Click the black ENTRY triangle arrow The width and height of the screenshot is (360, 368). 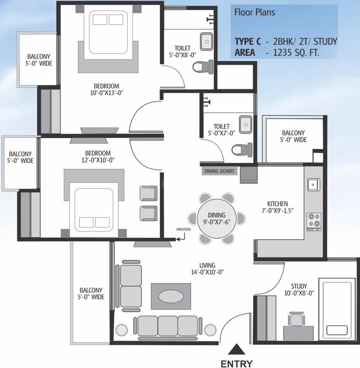[237, 349]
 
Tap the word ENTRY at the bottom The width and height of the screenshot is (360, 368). [237, 363]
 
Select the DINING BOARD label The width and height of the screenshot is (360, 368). [219, 171]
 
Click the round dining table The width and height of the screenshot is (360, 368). [217, 219]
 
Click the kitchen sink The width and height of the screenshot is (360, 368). [314, 184]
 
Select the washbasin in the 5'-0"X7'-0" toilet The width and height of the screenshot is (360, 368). [245, 124]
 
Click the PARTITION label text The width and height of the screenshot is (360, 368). [183, 229]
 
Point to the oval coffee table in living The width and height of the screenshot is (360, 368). [171, 297]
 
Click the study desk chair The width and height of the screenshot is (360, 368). [297, 319]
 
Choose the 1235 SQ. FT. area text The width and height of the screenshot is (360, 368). [296, 52]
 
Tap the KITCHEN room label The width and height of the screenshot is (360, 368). [278, 204]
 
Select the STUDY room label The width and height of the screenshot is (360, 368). [299, 286]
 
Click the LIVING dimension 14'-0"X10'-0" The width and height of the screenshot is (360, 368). [207, 272]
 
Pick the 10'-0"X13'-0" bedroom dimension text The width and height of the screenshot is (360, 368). [106, 93]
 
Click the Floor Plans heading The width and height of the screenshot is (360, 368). [255, 12]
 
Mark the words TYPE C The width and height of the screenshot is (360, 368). [248, 41]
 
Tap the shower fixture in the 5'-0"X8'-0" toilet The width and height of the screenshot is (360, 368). [210, 19]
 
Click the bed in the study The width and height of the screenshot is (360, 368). [337, 309]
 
